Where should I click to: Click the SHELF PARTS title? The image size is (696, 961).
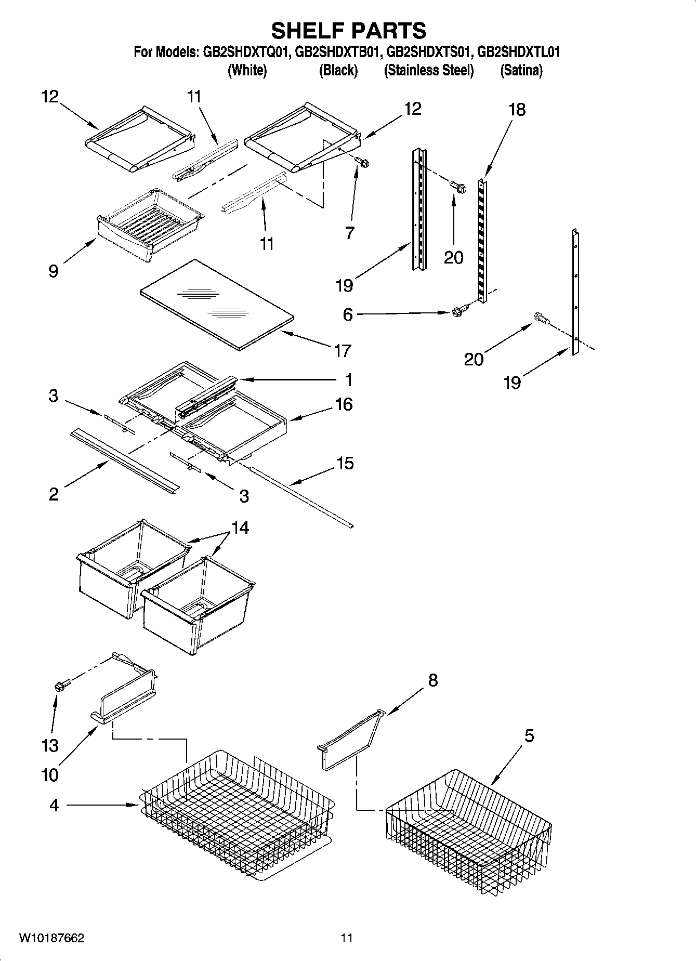click(x=348, y=31)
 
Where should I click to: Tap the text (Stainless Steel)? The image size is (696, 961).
click(x=429, y=70)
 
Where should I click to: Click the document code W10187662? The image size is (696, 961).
click(x=52, y=938)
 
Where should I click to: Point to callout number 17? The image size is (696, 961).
click(x=343, y=351)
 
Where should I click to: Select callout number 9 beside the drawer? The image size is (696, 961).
click(x=53, y=271)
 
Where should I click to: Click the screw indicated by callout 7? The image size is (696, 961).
click(x=362, y=164)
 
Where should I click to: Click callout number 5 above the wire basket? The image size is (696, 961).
click(x=529, y=736)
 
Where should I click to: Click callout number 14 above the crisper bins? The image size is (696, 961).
click(x=240, y=528)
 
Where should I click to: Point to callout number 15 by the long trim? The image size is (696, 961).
click(x=345, y=463)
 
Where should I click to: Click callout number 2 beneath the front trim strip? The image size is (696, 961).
click(x=54, y=494)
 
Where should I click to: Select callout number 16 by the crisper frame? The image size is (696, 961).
click(x=344, y=404)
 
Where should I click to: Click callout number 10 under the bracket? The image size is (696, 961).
click(x=50, y=775)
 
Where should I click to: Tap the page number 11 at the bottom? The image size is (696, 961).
click(x=347, y=938)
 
